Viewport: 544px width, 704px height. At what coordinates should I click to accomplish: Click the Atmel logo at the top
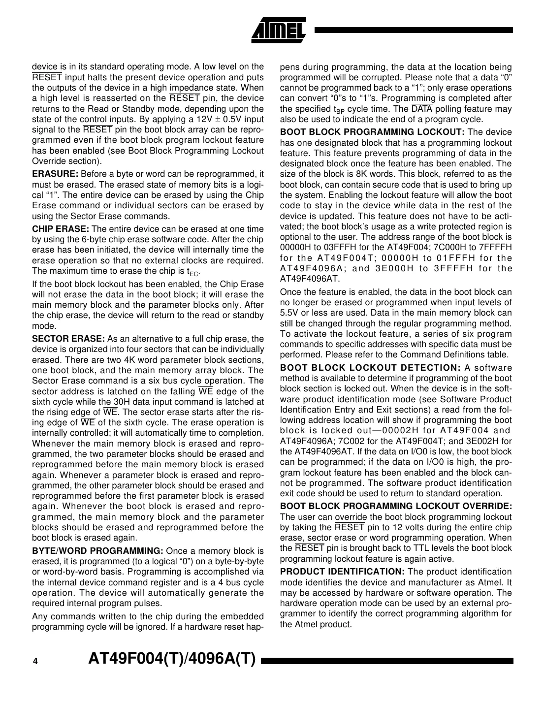(279, 31)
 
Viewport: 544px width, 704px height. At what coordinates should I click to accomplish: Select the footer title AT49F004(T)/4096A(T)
(172, 660)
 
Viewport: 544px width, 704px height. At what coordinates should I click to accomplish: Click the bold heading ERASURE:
(55, 174)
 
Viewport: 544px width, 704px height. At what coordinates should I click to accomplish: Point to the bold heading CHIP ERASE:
(61, 229)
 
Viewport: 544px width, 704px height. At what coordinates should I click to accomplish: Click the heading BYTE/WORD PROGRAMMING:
(97, 551)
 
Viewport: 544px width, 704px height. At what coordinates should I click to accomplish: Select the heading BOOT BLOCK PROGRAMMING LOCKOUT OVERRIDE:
(396, 506)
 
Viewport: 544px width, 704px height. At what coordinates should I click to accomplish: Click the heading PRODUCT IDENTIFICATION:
(342, 572)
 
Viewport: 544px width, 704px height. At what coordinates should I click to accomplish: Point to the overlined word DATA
(421, 109)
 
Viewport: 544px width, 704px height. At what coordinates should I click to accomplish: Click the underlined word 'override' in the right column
(351, 517)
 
